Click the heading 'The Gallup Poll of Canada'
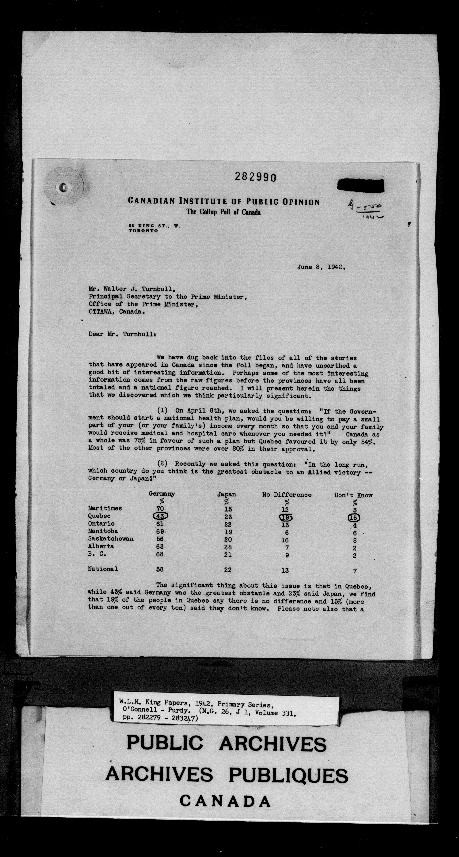[224, 212]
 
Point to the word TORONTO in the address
[143, 231]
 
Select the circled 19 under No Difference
[285, 517]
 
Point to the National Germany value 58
[160, 569]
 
